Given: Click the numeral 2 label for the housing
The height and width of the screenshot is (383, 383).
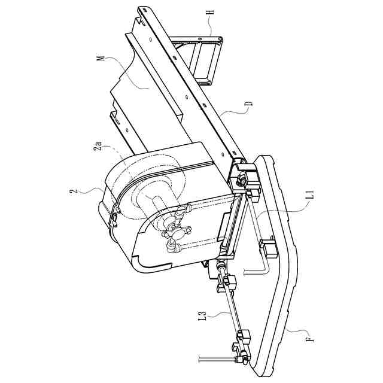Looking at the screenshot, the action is point(72,191).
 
